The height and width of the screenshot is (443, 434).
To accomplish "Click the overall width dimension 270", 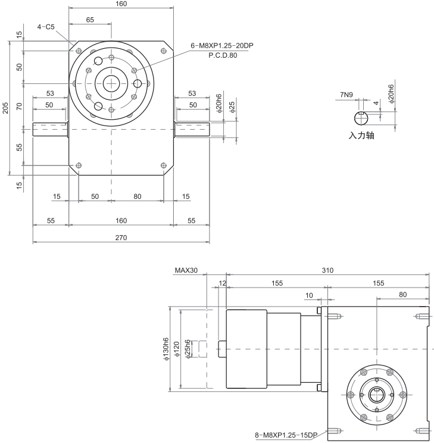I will (x=121, y=238).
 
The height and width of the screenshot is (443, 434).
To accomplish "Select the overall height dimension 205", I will (x=5, y=108).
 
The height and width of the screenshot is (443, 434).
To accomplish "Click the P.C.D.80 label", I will (x=223, y=55).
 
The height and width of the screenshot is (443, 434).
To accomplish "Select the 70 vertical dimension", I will (x=19, y=107).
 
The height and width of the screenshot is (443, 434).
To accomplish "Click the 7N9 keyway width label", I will (x=346, y=95).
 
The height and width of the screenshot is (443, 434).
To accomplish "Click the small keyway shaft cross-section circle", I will (x=361, y=117).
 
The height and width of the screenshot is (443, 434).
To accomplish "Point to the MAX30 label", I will (x=186, y=270).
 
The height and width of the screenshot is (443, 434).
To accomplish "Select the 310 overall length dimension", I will (x=327, y=270).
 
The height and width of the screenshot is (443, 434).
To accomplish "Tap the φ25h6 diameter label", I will (x=188, y=348).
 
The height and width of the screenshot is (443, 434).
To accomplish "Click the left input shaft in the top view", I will (x=51, y=129).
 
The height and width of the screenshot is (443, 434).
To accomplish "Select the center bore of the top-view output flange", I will (x=111, y=83).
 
